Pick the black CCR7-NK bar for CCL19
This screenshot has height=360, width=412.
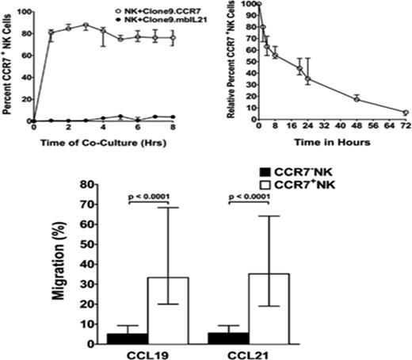tap(132, 339)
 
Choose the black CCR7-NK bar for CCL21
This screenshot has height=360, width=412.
tap(235, 338)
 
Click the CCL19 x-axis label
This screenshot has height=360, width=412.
tap(151, 354)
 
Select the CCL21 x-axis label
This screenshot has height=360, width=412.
tap(252, 354)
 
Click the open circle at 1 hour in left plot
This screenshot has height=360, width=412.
tap(51, 33)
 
